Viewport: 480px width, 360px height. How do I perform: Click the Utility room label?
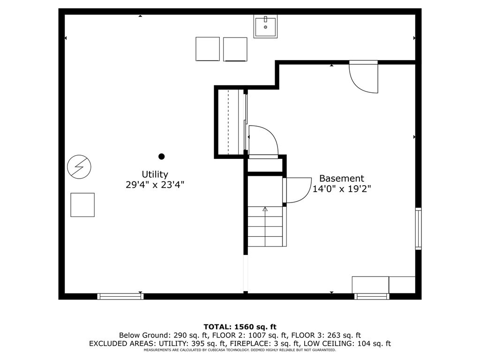155,175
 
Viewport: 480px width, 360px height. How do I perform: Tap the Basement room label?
342,179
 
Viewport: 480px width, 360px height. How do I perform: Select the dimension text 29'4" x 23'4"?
155,185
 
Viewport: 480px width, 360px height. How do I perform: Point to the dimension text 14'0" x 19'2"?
342,188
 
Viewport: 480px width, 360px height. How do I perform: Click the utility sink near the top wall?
265,26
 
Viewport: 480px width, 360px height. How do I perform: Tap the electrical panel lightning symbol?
79,167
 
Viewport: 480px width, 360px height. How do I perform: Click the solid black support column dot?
162,157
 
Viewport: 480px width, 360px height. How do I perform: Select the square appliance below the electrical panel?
82,205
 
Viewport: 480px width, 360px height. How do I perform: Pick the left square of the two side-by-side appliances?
208,49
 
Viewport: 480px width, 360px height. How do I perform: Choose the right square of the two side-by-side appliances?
235,49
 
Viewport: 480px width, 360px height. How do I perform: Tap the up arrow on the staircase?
265,209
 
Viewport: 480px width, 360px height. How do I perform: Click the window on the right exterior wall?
418,229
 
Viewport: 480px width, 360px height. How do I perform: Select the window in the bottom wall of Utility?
120,296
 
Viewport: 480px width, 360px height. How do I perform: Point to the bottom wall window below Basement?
372,296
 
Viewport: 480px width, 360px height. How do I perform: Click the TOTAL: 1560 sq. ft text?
240,327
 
